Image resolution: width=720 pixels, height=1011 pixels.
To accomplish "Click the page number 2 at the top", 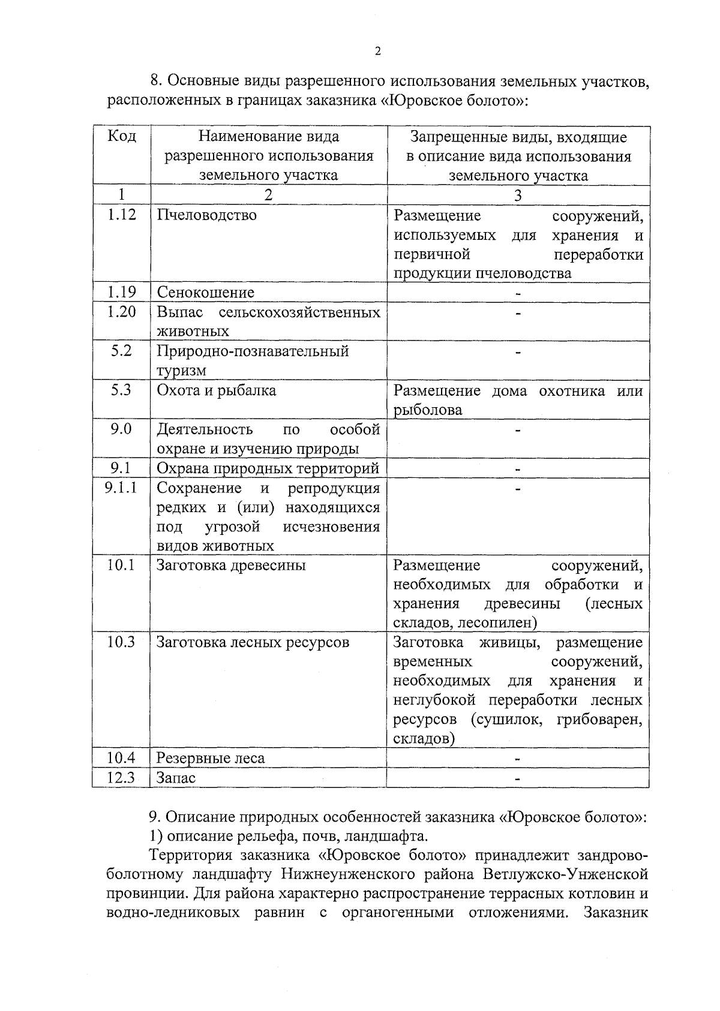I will (x=377, y=52).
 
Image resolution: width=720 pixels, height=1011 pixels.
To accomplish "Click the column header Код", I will (x=122, y=137).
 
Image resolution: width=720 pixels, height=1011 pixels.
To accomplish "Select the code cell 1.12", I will (x=122, y=215).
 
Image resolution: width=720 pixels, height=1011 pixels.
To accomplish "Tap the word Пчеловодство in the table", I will (x=207, y=215).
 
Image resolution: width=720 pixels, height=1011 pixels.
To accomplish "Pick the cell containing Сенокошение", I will (x=206, y=293).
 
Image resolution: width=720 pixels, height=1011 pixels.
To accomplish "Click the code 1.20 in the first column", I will (x=122, y=312).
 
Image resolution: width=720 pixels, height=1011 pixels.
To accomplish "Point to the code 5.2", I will (x=122, y=351).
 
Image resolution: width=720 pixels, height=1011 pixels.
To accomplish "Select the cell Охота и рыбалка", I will (x=217, y=391).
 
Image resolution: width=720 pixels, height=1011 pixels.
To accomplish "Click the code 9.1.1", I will (x=121, y=488).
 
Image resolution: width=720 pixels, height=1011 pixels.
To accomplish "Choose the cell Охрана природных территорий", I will (x=268, y=468).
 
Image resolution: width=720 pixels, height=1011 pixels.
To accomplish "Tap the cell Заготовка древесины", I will (x=231, y=565).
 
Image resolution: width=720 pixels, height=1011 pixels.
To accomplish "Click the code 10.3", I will (x=121, y=642).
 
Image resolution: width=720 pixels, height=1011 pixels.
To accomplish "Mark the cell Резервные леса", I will (x=211, y=758).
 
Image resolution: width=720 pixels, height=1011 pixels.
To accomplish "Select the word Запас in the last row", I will (x=176, y=778).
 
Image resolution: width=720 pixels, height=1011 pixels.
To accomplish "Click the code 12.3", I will (x=121, y=778).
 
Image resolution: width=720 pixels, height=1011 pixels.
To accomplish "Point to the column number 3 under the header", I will (x=518, y=195).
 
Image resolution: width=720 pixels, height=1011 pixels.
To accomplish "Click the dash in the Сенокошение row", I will (x=518, y=294).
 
